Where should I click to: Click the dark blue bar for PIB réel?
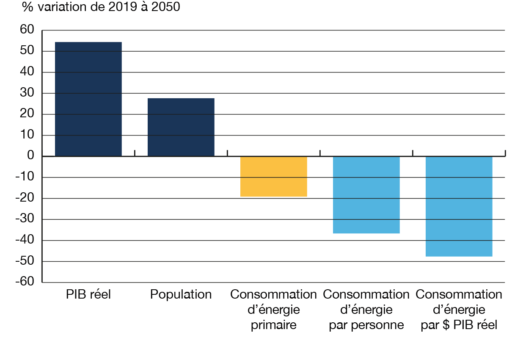coord(88,99)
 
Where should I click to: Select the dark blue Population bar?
coord(181,127)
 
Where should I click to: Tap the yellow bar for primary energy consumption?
coord(274,177)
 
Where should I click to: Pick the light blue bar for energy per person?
coord(366,195)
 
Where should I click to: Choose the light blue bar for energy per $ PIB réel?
coord(459,206)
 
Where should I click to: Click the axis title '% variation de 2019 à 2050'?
coord(102,7)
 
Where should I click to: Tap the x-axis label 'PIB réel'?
coord(88,295)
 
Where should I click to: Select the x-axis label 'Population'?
coord(181,295)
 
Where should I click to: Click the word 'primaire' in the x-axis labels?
coord(273,325)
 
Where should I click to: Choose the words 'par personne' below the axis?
coord(366,325)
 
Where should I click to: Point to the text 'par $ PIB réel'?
coord(459,325)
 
